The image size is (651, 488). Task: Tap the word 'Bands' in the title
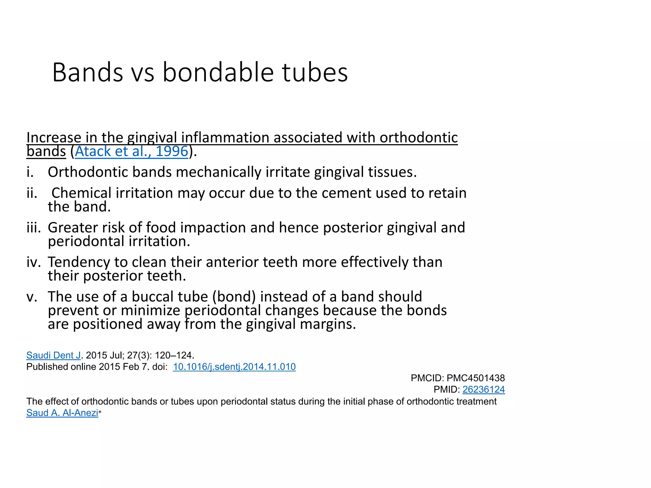[x=87, y=73]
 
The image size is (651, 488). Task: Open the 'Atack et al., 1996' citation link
[x=131, y=152]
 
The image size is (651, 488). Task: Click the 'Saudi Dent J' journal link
[x=53, y=355]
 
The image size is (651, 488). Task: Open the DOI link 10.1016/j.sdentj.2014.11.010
[x=234, y=367]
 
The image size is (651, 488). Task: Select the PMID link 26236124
[x=483, y=390]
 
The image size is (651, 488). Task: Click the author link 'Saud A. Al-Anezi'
[x=62, y=413]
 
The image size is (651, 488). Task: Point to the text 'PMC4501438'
[x=476, y=378]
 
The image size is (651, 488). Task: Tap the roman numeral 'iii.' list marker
[x=34, y=228]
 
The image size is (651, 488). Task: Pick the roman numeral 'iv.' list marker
[x=34, y=262]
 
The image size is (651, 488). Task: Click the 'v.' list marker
[x=32, y=297]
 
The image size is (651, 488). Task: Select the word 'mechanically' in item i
[x=219, y=172]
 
